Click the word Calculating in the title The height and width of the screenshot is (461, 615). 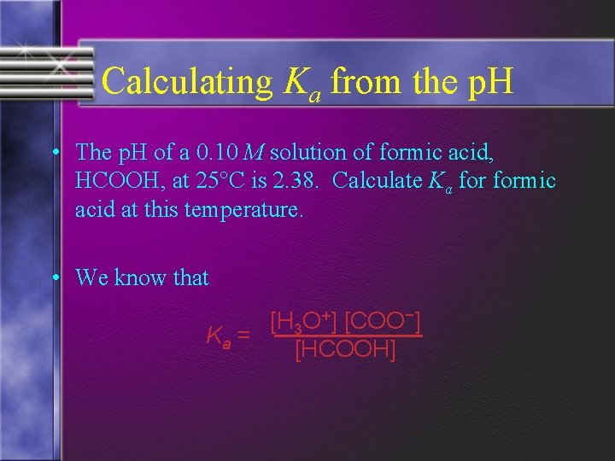[186, 82]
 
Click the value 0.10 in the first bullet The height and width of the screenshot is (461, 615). [218, 154]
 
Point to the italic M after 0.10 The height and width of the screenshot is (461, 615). [254, 154]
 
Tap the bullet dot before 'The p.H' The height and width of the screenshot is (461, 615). [54, 155]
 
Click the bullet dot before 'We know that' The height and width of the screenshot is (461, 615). [54, 278]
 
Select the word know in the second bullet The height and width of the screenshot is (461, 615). [139, 278]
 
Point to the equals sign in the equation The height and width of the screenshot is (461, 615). [244, 336]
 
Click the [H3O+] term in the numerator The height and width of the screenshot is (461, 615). [303, 324]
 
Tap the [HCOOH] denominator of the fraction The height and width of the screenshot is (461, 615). [344, 350]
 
